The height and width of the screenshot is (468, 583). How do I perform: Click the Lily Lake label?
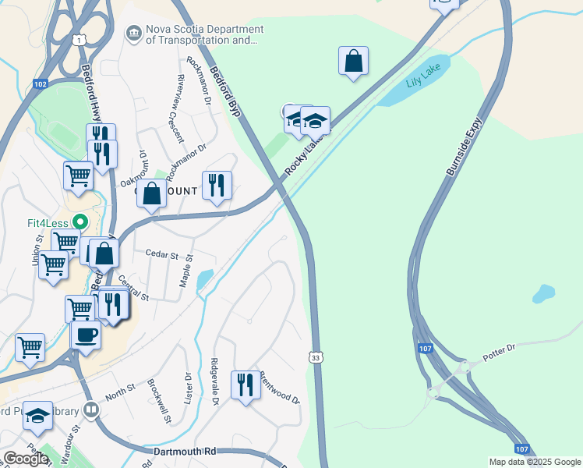click(423, 82)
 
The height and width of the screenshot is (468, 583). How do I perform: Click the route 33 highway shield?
click(315, 357)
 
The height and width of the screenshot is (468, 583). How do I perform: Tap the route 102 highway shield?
click(41, 83)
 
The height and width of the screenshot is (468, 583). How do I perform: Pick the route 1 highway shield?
click(79, 39)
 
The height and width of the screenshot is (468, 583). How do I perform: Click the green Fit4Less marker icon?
click(77, 222)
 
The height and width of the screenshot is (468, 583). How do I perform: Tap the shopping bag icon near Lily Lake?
click(353, 60)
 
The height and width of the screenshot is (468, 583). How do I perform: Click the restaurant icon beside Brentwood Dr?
click(246, 384)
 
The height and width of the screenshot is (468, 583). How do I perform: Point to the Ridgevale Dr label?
click(214, 381)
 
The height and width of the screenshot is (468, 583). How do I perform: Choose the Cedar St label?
click(162, 254)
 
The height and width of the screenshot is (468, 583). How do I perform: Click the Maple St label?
click(185, 270)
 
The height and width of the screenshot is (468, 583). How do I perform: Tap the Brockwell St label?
click(160, 402)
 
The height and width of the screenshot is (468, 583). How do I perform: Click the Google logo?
click(26, 459)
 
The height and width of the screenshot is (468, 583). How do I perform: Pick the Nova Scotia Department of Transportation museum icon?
click(133, 33)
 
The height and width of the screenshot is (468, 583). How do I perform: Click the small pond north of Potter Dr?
click(543, 294)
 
